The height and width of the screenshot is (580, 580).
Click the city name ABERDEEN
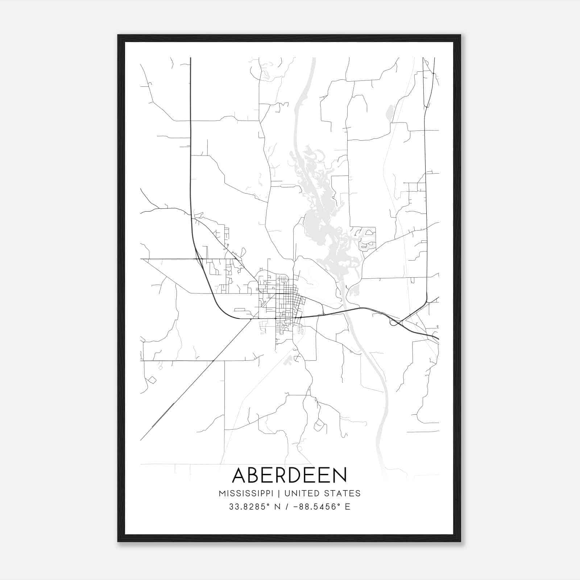[x=289, y=475]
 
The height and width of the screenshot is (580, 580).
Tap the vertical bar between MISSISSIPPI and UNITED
[x=279, y=493]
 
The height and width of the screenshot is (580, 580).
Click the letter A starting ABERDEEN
[x=240, y=475]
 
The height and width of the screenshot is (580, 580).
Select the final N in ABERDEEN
[x=339, y=475]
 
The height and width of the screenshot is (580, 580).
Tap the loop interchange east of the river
[x=394, y=322]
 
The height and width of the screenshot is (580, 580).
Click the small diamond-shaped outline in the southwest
[x=152, y=380]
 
